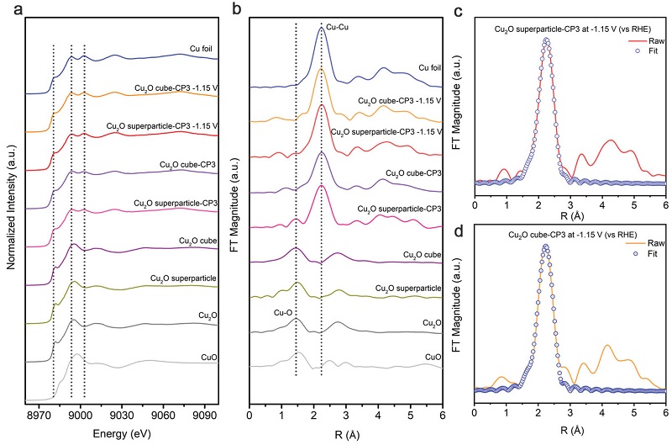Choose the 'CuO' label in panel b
[433, 357]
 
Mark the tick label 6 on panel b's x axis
[443, 415]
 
